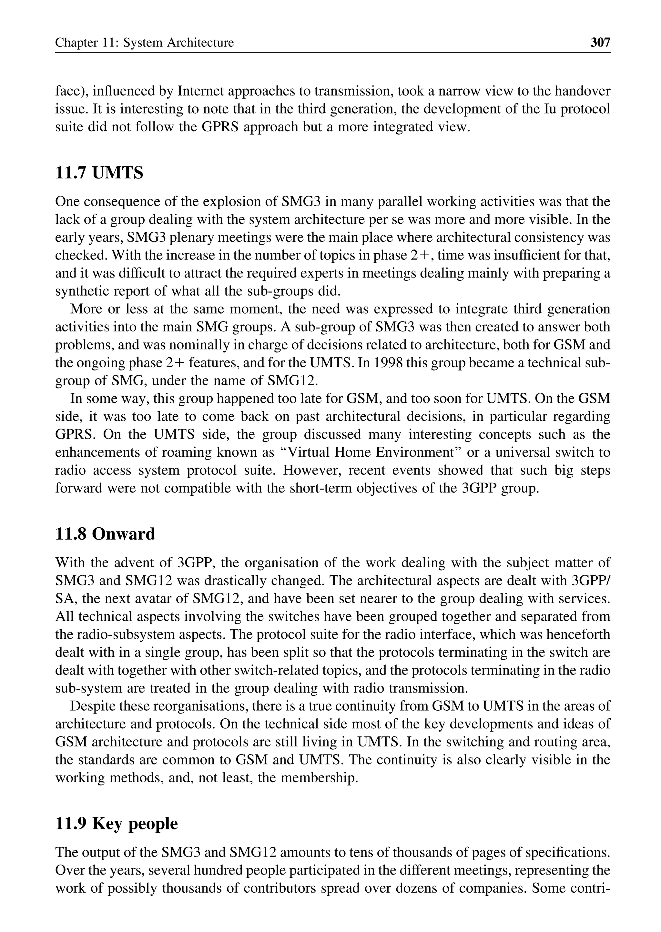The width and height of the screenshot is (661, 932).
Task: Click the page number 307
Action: tap(600, 42)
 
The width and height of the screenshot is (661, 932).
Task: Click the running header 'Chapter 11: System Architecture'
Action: tap(145, 43)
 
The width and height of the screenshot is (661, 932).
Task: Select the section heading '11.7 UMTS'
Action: tap(99, 173)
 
